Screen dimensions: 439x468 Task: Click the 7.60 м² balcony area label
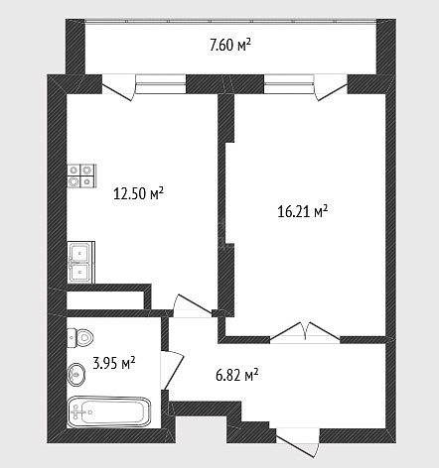pyautogui.click(x=229, y=45)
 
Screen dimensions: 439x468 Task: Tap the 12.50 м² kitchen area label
pyautogui.click(x=138, y=193)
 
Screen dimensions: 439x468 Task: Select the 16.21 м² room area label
pyautogui.click(x=303, y=211)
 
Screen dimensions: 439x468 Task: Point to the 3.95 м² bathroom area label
pyautogui.click(x=114, y=363)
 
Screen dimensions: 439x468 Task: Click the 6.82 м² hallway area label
pyautogui.click(x=237, y=375)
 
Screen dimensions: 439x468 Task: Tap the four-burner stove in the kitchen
pyautogui.click(x=81, y=175)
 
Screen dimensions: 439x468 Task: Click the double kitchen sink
pyautogui.click(x=81, y=263)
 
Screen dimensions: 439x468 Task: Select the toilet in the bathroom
pyautogui.click(x=80, y=337)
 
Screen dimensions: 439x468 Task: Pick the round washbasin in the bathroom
pyautogui.click(x=75, y=375)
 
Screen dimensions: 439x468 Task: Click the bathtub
pyautogui.click(x=109, y=411)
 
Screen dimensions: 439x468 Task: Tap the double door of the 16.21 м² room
pyautogui.click(x=305, y=332)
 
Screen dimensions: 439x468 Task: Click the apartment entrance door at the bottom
pyautogui.click(x=298, y=442)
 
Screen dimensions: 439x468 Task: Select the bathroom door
pyautogui.click(x=172, y=370)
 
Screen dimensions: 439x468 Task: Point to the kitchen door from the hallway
pyautogui.click(x=193, y=305)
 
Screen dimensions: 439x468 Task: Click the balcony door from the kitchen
pyautogui.click(x=118, y=88)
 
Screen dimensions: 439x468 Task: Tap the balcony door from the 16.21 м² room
pyautogui.click(x=331, y=88)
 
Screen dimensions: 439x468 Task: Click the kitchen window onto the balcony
pyautogui.click(x=161, y=84)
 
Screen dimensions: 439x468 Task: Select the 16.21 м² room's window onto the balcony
pyautogui.click(x=289, y=84)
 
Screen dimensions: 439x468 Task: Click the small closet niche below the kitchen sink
pyautogui.click(x=105, y=300)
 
